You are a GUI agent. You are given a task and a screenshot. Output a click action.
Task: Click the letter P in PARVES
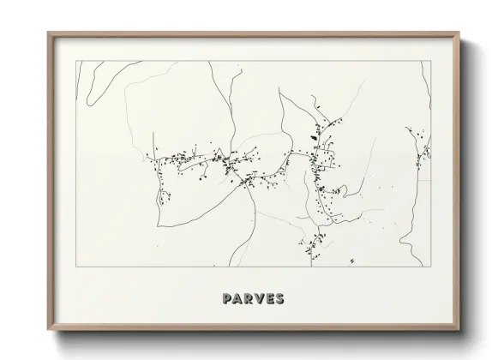[226, 299]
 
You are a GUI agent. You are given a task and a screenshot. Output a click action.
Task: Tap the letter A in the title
[237, 299]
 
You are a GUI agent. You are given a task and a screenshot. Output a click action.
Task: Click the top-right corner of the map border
[430, 61]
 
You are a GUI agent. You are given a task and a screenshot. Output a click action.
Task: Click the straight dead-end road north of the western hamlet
[153, 143]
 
